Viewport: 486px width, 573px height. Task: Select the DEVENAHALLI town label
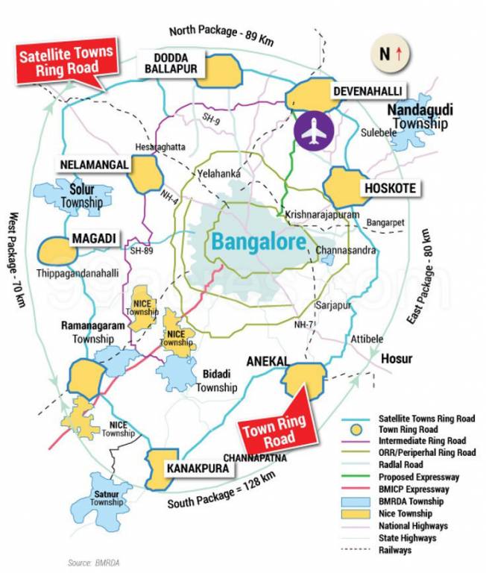pyautogui.click(x=367, y=90)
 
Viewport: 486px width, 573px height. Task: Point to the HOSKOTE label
pyautogui.click(x=391, y=188)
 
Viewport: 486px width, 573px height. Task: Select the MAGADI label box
pyautogui.click(x=93, y=238)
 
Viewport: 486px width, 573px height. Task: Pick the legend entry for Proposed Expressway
pyautogui.click(x=417, y=477)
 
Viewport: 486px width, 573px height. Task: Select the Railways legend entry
pyautogui.click(x=395, y=550)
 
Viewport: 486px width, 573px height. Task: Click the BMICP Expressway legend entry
pyautogui.click(x=413, y=489)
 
